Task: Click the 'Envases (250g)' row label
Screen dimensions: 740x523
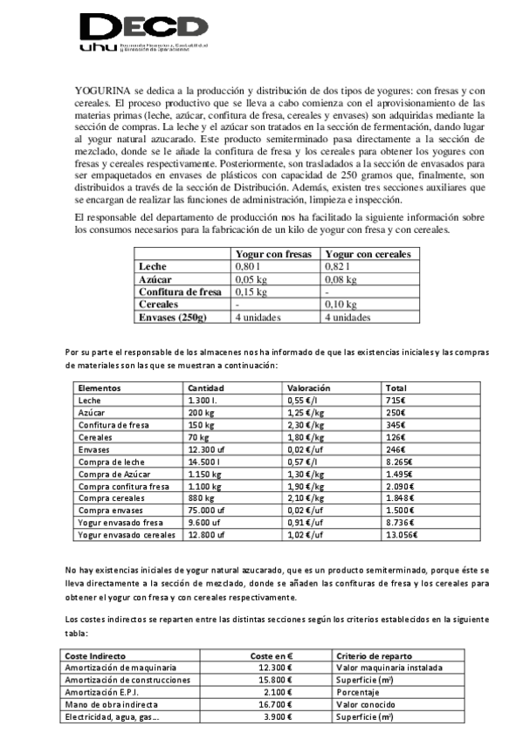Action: (x=173, y=318)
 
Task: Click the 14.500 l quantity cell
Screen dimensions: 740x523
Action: (x=206, y=473)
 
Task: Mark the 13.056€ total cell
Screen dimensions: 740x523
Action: (x=402, y=534)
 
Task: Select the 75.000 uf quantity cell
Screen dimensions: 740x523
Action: (x=208, y=510)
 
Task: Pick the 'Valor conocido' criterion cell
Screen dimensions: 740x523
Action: (x=364, y=704)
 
